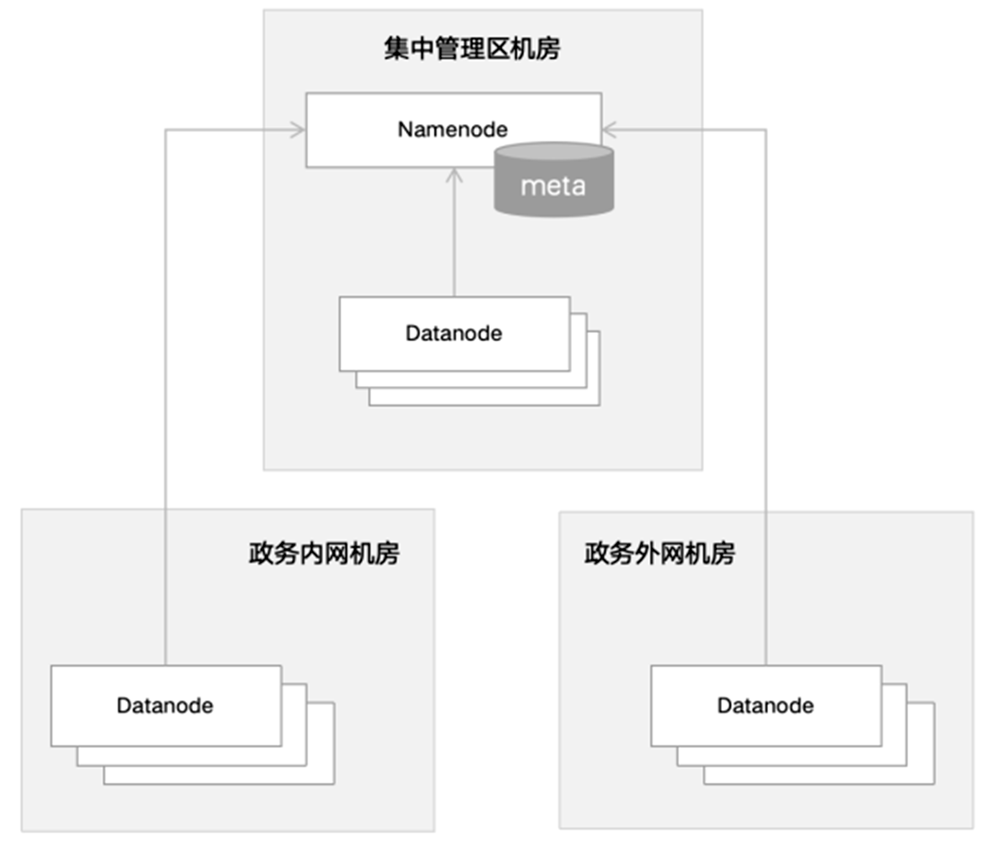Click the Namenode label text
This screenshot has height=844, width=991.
tap(452, 130)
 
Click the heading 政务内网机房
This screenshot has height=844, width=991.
tap(324, 554)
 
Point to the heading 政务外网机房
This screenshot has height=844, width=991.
tap(660, 554)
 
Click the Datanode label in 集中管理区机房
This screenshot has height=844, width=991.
tap(454, 333)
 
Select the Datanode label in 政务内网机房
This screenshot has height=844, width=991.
tap(165, 706)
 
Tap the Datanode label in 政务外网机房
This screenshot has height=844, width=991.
tap(765, 706)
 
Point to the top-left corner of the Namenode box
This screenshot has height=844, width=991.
tap(306, 94)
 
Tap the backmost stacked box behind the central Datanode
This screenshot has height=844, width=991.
tap(593, 397)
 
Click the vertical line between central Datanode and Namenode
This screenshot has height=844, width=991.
tap(454, 239)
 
